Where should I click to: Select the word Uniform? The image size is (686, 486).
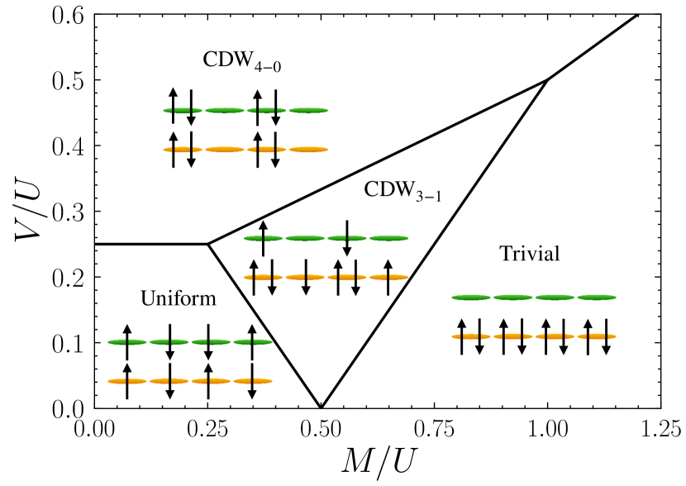(x=178, y=298)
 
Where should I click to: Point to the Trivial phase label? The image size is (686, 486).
(x=530, y=254)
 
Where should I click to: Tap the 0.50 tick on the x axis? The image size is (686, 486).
(x=321, y=428)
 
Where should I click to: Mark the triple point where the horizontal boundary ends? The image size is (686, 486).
(x=207, y=244)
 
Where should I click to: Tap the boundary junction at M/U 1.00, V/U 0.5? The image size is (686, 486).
(x=547, y=80)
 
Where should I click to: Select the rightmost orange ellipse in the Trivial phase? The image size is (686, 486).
(x=597, y=336)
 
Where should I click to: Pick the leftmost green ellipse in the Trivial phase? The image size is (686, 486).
(x=472, y=297)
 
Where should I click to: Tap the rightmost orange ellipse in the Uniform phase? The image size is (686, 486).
(x=253, y=381)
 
